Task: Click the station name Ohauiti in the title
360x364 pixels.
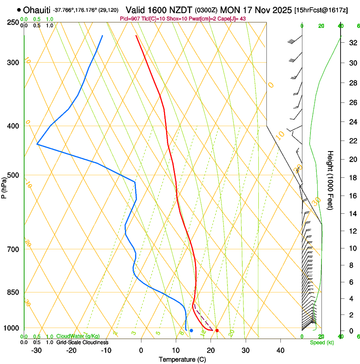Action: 37,10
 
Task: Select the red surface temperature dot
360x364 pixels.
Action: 217,330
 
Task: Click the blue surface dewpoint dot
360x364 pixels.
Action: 191,330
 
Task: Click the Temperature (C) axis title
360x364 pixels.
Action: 182,359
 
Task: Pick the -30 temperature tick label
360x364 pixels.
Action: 36,350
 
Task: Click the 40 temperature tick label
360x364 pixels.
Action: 280,350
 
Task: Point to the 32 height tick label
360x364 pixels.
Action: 352,43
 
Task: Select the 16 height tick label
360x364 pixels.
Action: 352,196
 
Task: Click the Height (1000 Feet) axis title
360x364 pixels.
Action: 331,179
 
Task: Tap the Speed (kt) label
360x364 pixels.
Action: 321,342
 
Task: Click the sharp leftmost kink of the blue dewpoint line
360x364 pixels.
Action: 37,144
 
